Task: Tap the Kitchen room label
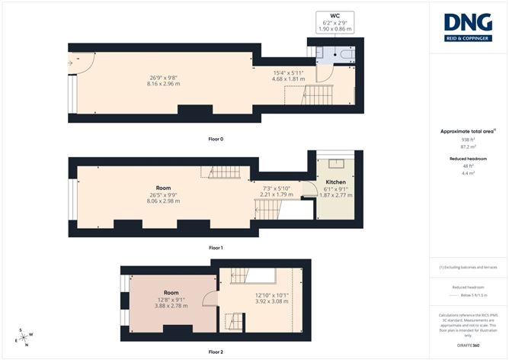tap(336, 184)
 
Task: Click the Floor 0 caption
tap(216, 139)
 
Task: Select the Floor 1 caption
tap(216, 248)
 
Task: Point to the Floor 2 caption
tap(216, 352)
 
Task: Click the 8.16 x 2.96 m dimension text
tap(165, 83)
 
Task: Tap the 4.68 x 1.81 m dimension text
tap(290, 78)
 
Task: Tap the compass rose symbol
tap(25, 338)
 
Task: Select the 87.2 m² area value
tap(468, 146)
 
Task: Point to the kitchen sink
tap(336, 163)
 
